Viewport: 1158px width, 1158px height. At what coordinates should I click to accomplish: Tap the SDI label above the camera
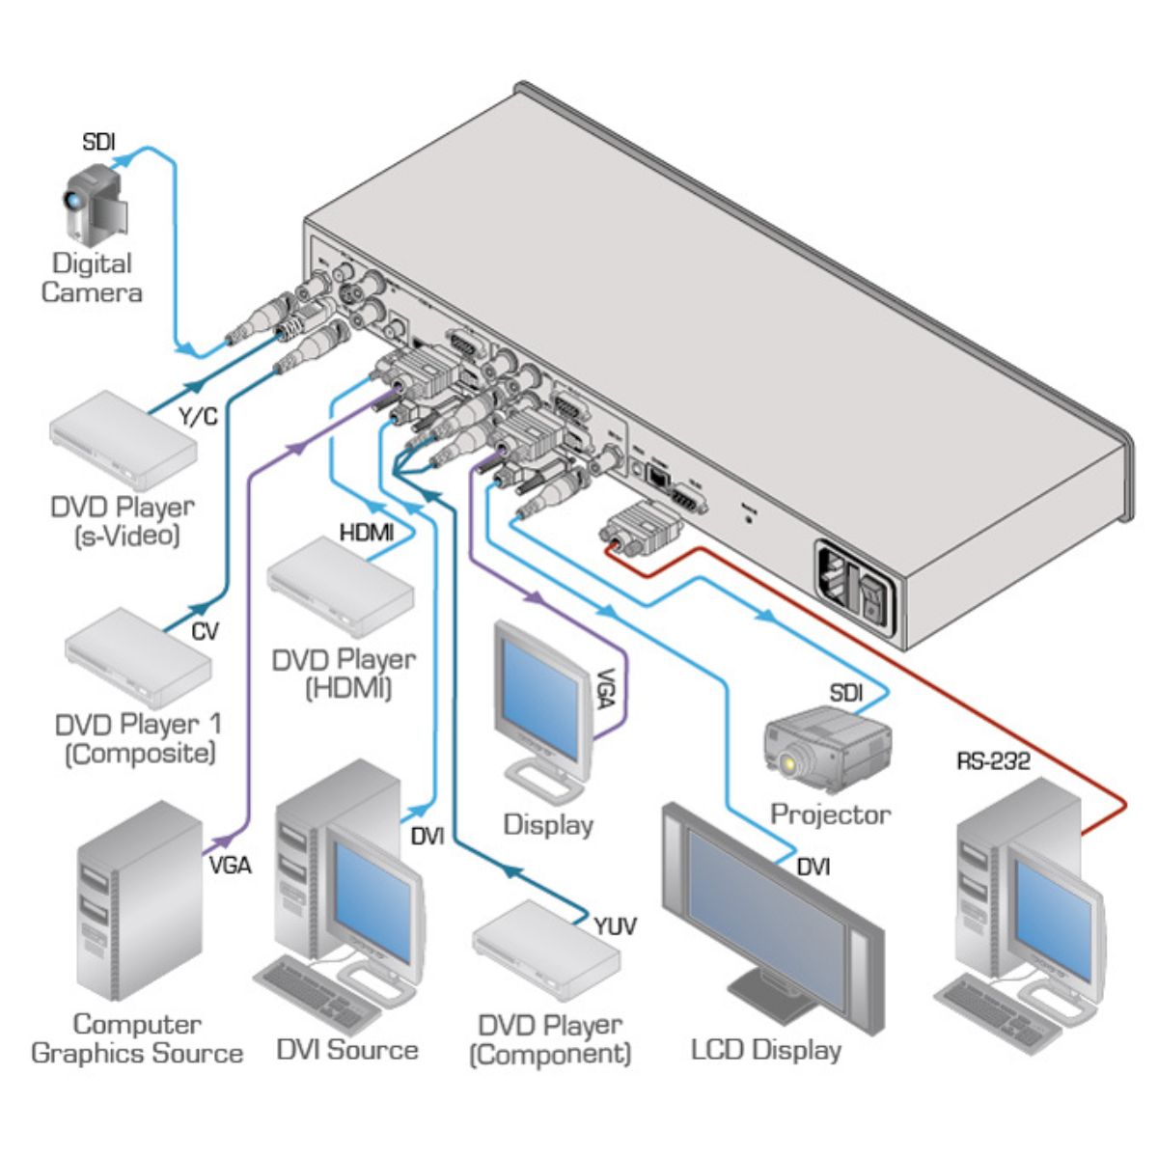coord(98,143)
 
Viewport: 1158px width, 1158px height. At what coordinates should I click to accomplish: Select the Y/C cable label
coord(199,417)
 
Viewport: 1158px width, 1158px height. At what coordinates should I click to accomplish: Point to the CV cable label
coord(204,632)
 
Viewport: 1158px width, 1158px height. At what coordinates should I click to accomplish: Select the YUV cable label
coord(614,926)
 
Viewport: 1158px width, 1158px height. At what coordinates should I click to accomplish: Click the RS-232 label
coord(993,761)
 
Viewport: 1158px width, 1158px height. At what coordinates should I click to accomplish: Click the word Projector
coord(830,814)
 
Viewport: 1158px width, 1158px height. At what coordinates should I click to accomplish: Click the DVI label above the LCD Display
coord(813,868)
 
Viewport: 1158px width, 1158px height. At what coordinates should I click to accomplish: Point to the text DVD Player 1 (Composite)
coord(139,738)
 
